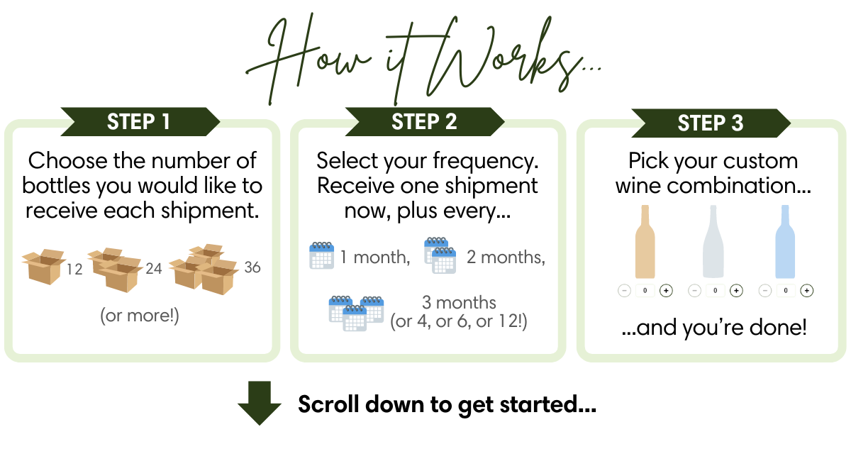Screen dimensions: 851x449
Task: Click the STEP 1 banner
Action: (x=140, y=121)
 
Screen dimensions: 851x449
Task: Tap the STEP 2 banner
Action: (x=425, y=121)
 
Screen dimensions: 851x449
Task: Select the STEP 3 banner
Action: (x=711, y=123)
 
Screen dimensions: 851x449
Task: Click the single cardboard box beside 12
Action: (x=43, y=266)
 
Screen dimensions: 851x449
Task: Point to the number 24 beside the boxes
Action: (x=154, y=269)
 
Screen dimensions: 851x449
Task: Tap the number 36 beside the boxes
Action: (x=252, y=267)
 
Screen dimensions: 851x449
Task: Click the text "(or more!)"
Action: (x=140, y=316)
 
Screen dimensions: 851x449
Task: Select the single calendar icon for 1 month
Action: (x=322, y=255)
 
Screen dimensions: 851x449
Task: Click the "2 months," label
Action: (x=506, y=257)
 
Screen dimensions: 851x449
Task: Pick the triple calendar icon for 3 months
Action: (x=356, y=314)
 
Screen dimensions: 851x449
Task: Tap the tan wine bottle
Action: (x=645, y=242)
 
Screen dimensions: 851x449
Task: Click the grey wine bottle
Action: (x=713, y=242)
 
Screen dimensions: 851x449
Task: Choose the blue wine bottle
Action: (x=785, y=242)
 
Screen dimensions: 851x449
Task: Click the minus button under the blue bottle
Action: (x=764, y=291)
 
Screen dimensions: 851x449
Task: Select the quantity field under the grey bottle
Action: (x=716, y=291)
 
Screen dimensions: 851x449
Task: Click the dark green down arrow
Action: (x=260, y=403)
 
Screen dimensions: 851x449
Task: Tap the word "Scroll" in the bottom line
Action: (x=328, y=404)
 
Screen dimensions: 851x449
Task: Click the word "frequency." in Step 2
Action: (x=486, y=161)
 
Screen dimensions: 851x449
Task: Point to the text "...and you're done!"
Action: (x=714, y=328)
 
